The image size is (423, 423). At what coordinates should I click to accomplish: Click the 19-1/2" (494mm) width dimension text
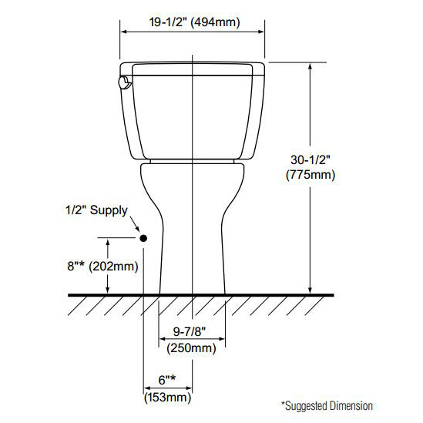[193, 23]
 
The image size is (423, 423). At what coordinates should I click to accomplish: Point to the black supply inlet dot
[143, 239]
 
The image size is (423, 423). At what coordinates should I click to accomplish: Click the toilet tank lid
[193, 68]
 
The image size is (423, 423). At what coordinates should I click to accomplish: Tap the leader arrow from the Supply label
[136, 229]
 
